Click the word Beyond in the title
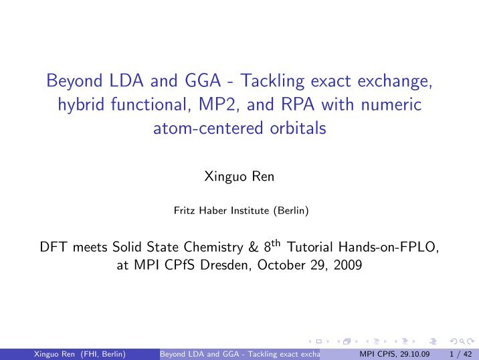(74, 81)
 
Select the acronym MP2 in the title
(217, 104)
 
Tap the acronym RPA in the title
(297, 104)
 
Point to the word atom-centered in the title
(208, 128)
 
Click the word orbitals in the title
(298, 128)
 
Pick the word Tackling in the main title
(272, 81)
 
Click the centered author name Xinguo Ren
(239, 177)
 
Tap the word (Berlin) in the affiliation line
(291, 211)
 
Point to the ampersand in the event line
(254, 247)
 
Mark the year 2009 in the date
(348, 265)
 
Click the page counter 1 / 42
(461, 354)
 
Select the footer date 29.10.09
(415, 354)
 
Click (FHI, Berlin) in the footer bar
(103, 354)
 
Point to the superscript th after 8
(276, 244)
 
